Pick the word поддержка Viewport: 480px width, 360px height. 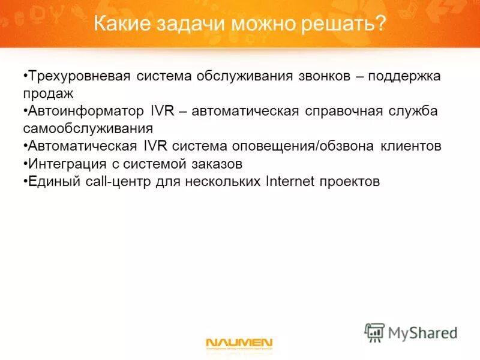[405, 77]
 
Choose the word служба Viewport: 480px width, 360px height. [416, 112]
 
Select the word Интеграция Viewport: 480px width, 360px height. [62, 164]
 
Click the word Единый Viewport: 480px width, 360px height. [50, 181]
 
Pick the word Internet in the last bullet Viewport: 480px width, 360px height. [290, 181]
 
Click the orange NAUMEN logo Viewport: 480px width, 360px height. [239, 343]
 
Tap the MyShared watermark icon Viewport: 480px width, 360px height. [374, 332]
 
